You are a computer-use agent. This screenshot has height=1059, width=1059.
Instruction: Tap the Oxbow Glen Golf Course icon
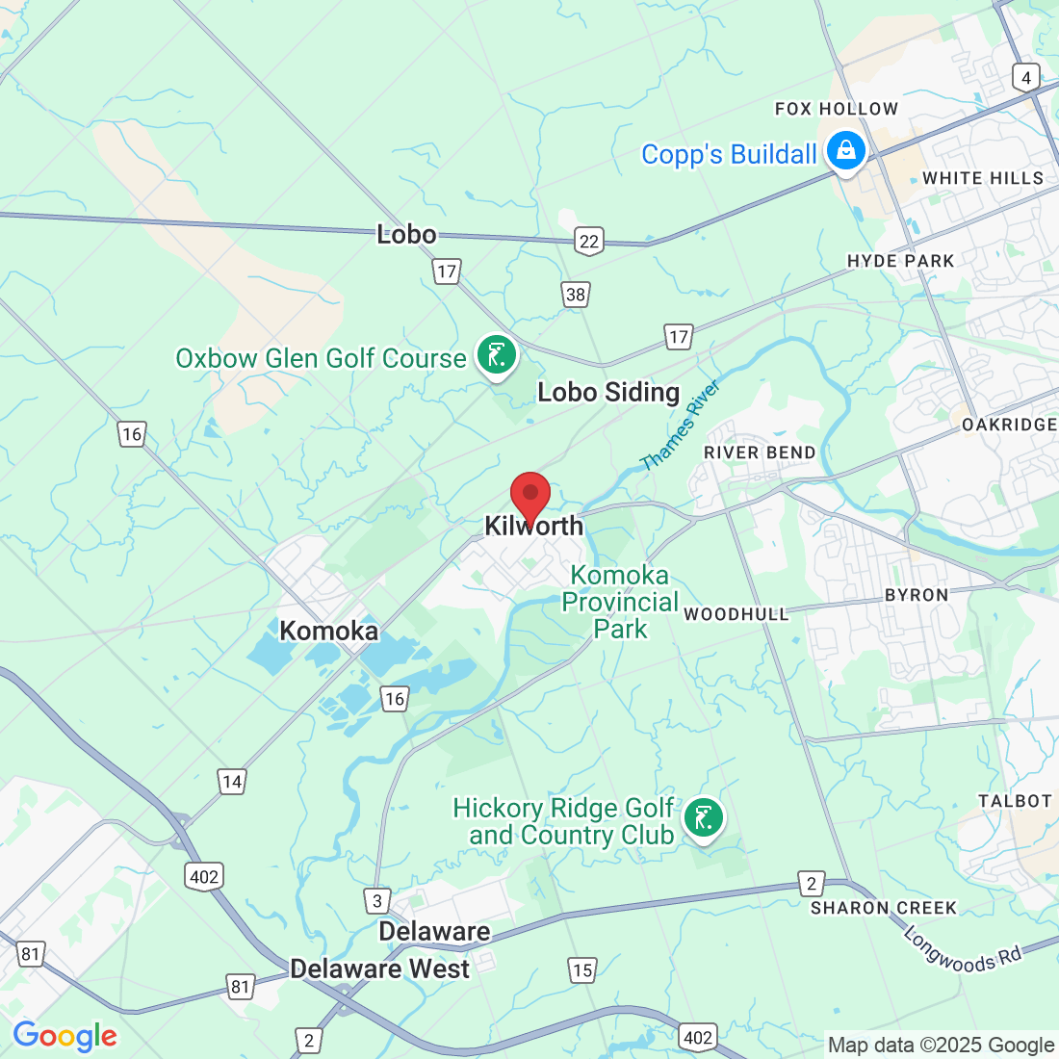point(497,356)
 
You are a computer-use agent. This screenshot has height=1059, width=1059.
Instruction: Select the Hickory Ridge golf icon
point(703,819)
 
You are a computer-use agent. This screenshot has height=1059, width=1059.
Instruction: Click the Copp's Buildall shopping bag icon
point(846,151)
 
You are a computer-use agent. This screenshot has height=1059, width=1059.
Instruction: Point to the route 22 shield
point(589,242)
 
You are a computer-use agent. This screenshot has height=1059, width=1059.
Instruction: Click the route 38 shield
point(576,295)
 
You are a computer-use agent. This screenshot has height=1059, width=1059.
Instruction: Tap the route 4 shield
point(1026,78)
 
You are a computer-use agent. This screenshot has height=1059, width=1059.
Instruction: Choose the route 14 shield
point(232,782)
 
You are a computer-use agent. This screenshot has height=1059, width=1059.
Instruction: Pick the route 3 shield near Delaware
point(377,901)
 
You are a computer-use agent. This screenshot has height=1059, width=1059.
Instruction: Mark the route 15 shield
point(582,969)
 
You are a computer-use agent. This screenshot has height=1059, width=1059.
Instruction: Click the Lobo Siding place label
point(608,392)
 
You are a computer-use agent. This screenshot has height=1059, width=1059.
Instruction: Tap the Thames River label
point(680,426)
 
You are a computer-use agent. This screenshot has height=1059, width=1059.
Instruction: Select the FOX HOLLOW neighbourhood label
point(837,109)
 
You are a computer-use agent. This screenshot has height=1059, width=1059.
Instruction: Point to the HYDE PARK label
point(900,261)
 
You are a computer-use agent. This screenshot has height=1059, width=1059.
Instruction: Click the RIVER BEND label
point(760,452)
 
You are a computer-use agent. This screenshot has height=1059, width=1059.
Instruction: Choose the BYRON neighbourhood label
point(917,595)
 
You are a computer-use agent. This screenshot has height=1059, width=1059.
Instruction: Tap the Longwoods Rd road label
point(962,948)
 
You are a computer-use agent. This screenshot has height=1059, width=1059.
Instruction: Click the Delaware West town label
point(380,969)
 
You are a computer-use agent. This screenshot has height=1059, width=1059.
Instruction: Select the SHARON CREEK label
point(884,908)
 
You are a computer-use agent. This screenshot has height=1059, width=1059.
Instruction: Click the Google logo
point(65,1036)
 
